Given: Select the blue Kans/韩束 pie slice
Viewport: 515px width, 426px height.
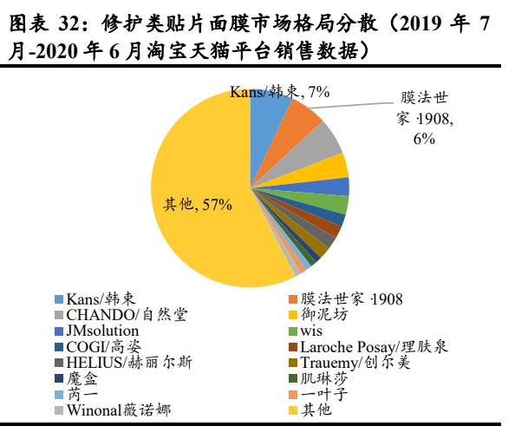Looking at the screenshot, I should pos(268,108).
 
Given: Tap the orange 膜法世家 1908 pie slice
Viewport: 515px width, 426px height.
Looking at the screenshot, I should pos(303,117).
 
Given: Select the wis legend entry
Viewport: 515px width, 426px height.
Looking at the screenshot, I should pos(311,331).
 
